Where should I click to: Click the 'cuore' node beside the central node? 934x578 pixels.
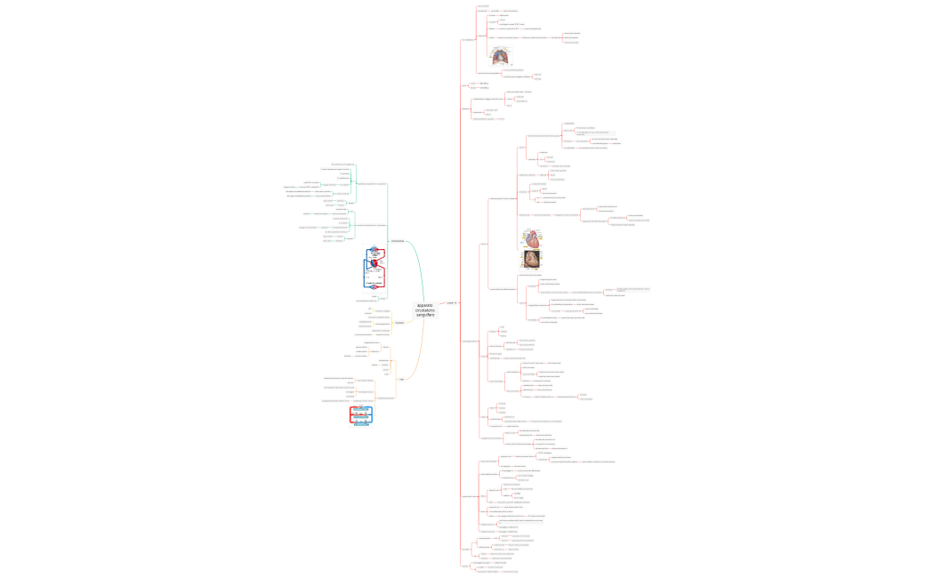(x=451, y=303)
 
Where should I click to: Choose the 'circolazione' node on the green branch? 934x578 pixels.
(x=397, y=241)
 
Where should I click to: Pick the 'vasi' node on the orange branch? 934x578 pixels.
(x=402, y=380)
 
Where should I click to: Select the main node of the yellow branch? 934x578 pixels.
(x=399, y=323)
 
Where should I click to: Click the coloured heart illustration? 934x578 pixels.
(x=532, y=238)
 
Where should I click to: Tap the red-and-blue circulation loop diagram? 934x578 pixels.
(x=375, y=269)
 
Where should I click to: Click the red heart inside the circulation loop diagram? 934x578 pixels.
(x=375, y=263)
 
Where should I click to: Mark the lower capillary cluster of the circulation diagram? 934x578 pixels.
(x=375, y=286)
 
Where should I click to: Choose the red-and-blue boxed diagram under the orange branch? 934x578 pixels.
(x=360, y=415)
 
